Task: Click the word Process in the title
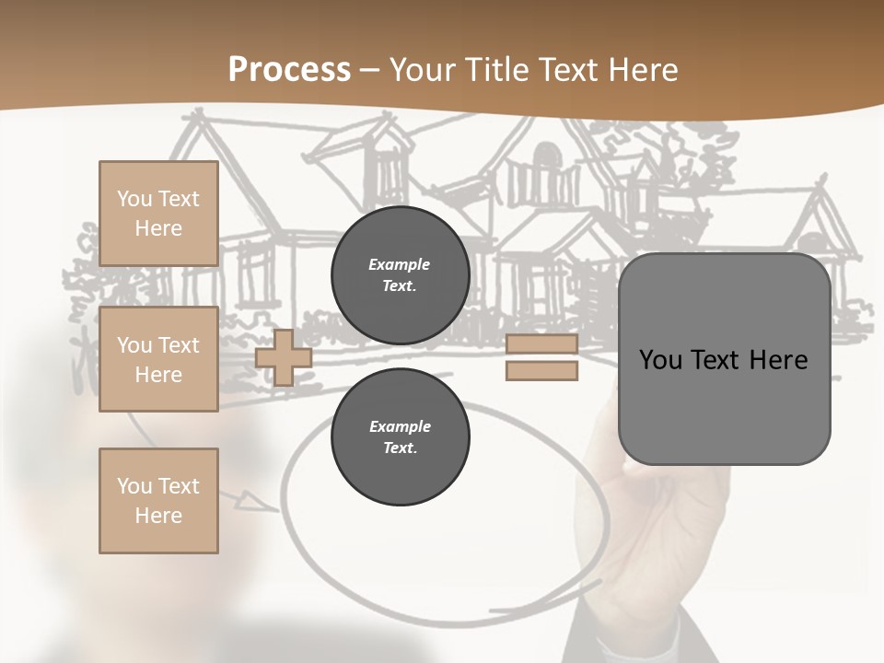pyautogui.click(x=289, y=70)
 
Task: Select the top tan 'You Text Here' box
pyautogui.click(x=158, y=214)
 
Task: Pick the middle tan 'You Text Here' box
pyautogui.click(x=158, y=359)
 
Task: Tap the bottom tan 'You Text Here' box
pyautogui.click(x=158, y=501)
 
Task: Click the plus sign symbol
pyautogui.click(x=284, y=357)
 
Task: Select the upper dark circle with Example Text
pyautogui.click(x=400, y=275)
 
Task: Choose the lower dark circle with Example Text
pyautogui.click(x=400, y=437)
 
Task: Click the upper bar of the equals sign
pyautogui.click(x=541, y=344)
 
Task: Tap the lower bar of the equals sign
pyautogui.click(x=541, y=370)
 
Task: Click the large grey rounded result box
pyautogui.click(x=724, y=358)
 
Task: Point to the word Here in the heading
pyautogui.click(x=644, y=70)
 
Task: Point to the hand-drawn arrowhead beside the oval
pyautogui.click(x=250, y=501)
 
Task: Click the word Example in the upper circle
pyautogui.click(x=400, y=264)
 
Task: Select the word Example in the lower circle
pyautogui.click(x=400, y=426)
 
